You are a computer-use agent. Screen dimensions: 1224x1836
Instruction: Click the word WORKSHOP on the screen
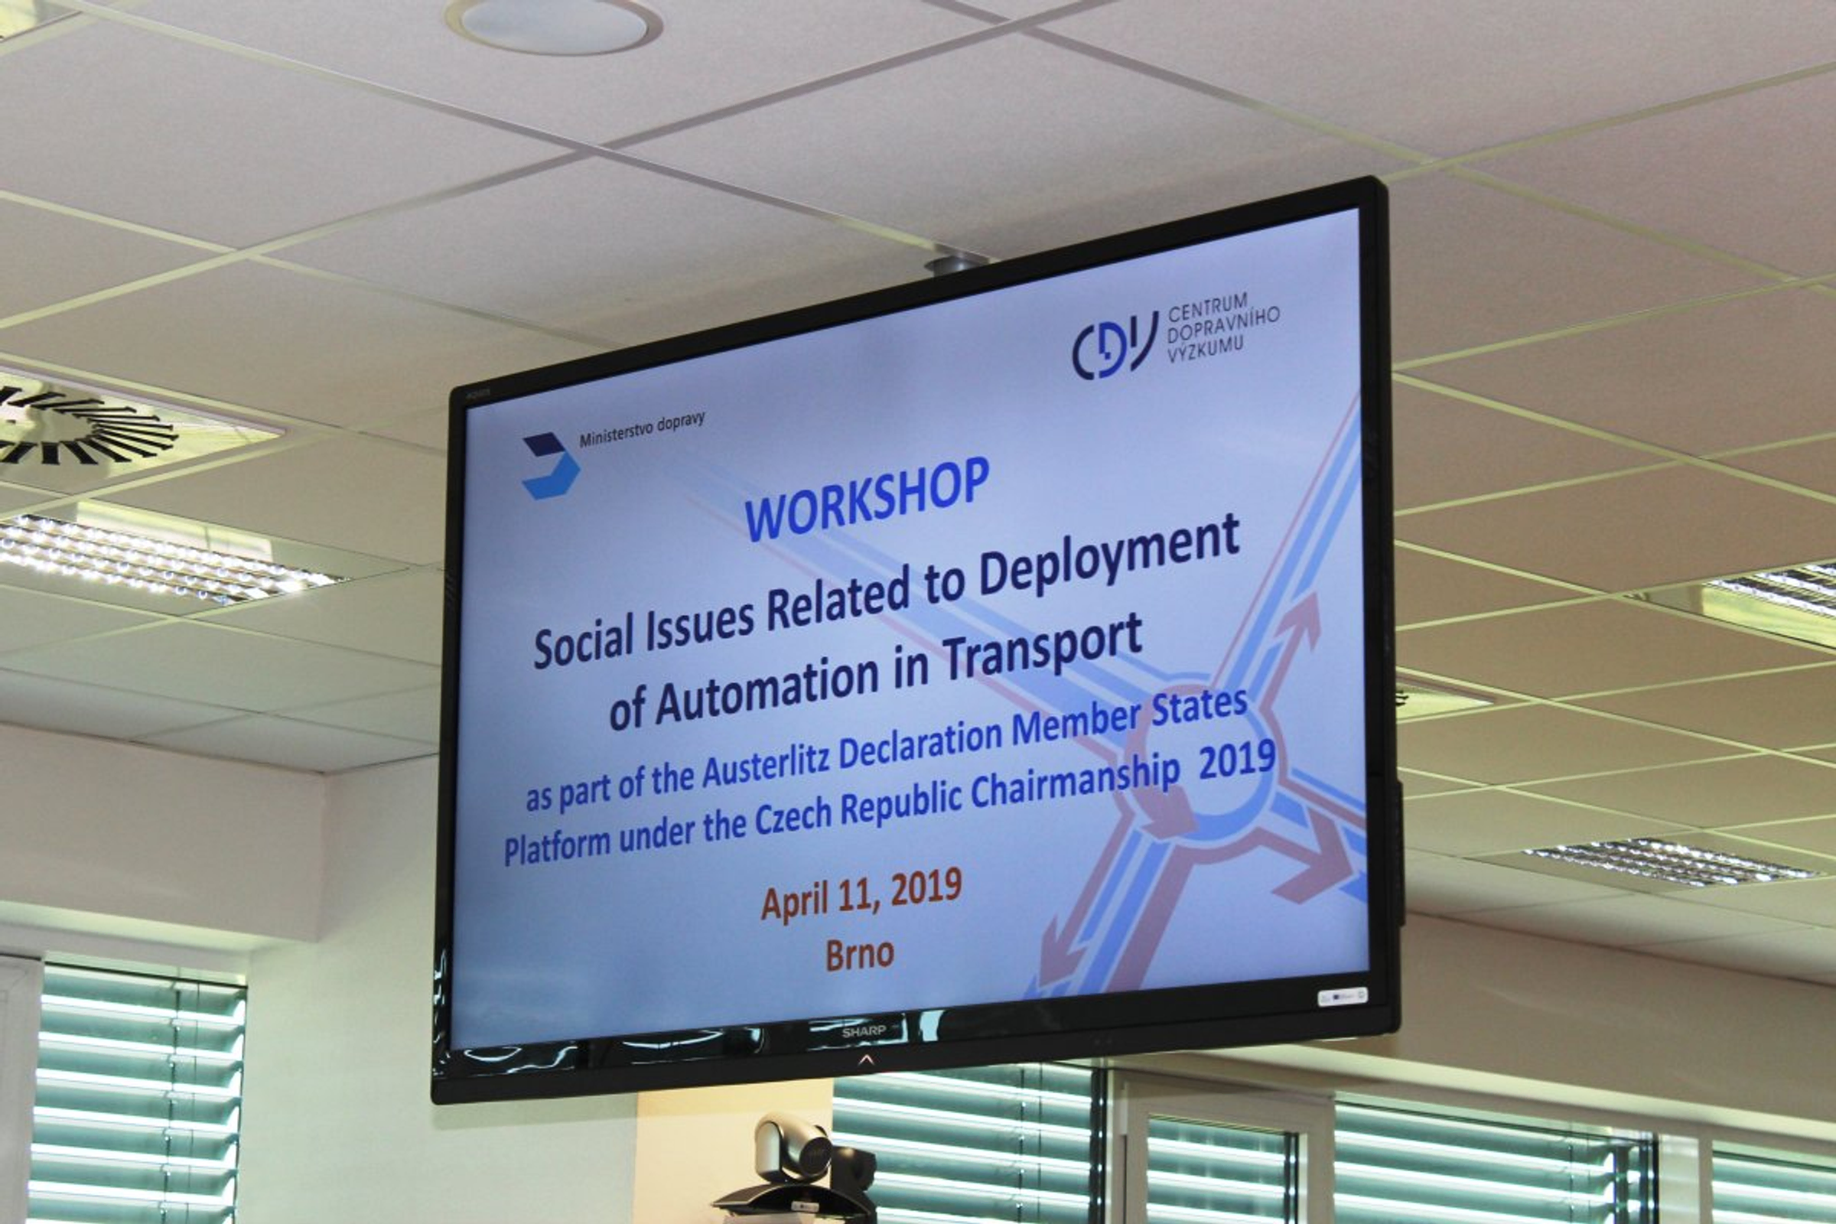pyautogui.click(x=867, y=500)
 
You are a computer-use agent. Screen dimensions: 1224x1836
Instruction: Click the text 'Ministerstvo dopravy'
pyautogui.click(x=642, y=429)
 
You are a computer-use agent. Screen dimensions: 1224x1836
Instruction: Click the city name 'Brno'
pyautogui.click(x=859, y=955)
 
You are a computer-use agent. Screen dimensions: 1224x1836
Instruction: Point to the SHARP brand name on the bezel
pyautogui.click(x=864, y=1031)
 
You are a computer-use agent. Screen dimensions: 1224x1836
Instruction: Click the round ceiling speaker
pyautogui.click(x=553, y=25)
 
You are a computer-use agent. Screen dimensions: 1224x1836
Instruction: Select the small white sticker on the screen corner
pyautogui.click(x=1342, y=997)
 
